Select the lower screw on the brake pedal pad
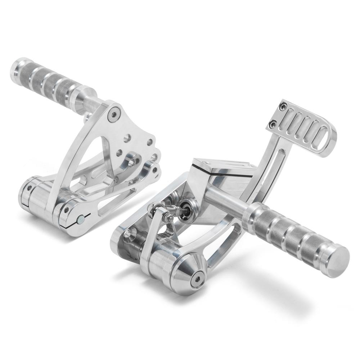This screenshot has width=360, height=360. coord(274,125)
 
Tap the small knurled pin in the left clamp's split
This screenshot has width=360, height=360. coord(82,218)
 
